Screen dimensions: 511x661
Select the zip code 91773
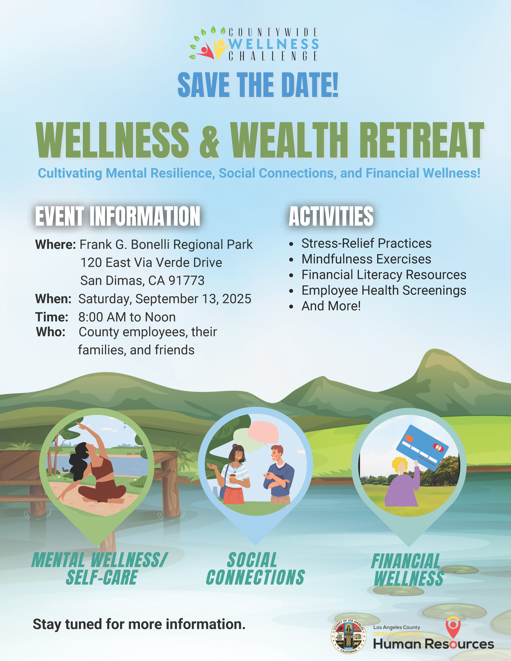(186, 281)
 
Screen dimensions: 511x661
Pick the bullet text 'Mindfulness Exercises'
(366, 259)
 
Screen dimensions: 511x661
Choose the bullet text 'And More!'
(331, 306)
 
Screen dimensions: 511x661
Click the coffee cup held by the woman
(232, 478)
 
